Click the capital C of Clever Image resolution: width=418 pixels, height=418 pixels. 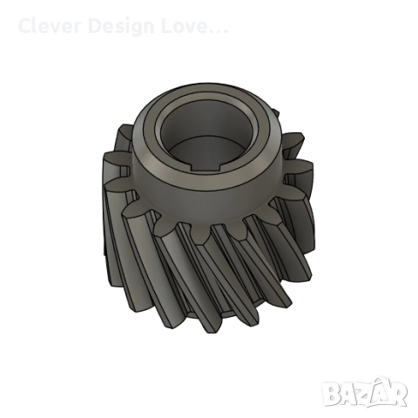(x=24, y=26)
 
